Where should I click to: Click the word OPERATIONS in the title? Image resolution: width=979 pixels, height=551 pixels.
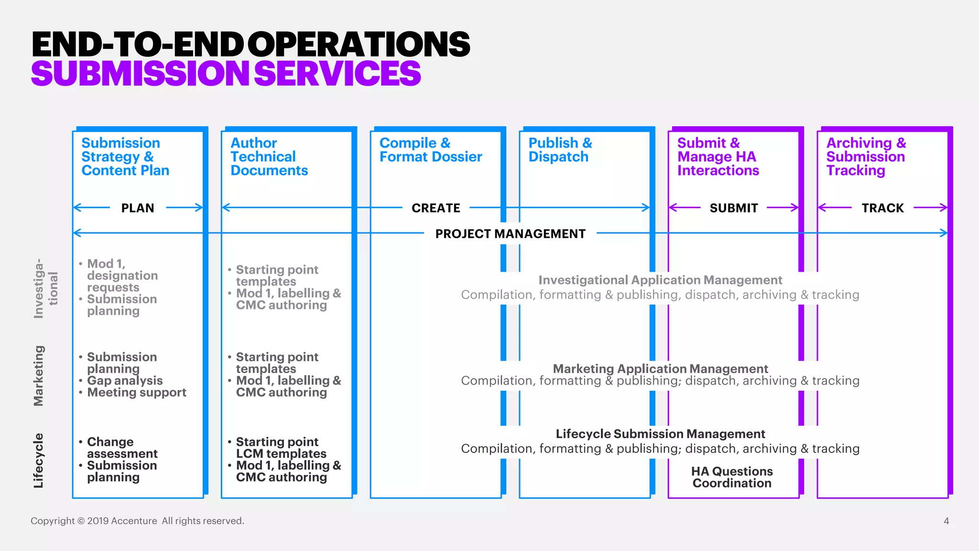(359, 44)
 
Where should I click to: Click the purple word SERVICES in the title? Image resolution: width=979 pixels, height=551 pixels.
(337, 74)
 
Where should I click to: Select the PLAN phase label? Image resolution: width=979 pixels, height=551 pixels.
(138, 208)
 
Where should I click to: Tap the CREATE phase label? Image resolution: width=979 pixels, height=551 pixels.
(435, 208)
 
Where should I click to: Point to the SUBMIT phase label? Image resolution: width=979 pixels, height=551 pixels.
(734, 208)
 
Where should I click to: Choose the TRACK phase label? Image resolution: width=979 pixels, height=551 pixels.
(882, 208)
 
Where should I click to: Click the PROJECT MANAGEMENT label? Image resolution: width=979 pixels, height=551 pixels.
(510, 234)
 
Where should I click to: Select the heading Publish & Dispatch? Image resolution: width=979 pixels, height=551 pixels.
(560, 150)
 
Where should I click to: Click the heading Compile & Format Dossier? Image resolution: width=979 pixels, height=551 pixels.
(430, 150)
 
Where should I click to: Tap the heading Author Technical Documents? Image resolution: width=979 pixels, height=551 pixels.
(269, 156)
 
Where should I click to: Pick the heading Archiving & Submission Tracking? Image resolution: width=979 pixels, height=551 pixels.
(866, 156)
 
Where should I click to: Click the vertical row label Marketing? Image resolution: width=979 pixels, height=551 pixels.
(39, 376)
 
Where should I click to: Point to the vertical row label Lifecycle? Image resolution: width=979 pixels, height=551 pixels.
(39, 461)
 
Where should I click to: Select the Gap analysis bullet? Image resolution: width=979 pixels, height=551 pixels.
(124, 381)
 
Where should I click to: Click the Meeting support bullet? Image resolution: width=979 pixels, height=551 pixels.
(136, 393)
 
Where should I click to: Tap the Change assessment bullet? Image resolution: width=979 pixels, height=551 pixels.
(122, 448)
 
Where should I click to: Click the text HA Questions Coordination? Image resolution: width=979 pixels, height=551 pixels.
(732, 477)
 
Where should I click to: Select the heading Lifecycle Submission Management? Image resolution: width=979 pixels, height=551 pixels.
(660, 434)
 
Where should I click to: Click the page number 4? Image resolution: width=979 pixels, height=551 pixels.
(946, 521)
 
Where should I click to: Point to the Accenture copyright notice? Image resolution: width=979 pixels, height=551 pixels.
(137, 521)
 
